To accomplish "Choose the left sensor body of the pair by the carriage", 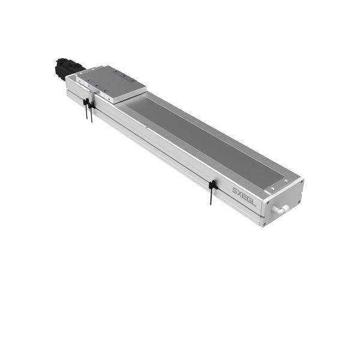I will coord(86,104).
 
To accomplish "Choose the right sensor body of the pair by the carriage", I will coord(91,106).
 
